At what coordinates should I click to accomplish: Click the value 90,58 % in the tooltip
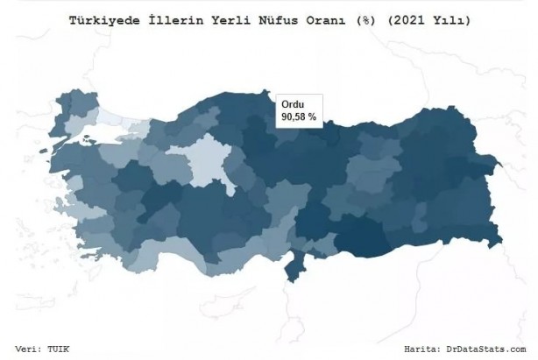tap(299, 115)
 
